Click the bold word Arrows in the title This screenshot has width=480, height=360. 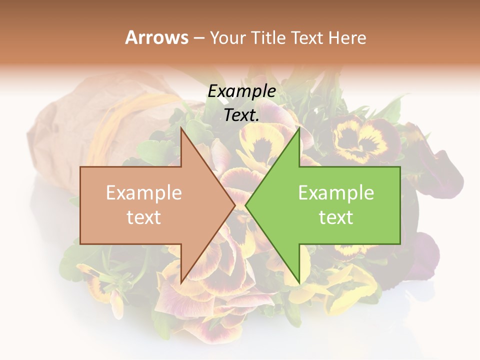click(156, 37)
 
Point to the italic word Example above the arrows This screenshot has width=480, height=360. click(242, 91)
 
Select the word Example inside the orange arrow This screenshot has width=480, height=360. click(144, 193)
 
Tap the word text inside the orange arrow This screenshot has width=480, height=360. click(144, 217)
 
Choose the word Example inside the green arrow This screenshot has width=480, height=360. click(336, 193)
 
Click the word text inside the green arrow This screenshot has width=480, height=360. click(336, 217)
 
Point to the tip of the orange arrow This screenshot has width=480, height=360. click(234, 205)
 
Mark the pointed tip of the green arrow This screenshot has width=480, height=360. click(246, 205)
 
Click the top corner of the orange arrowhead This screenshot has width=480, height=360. click(181, 127)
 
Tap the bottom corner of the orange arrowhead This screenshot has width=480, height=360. click(181, 283)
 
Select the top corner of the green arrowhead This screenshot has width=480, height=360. click(299, 127)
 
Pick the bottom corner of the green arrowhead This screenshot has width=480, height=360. click(299, 283)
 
